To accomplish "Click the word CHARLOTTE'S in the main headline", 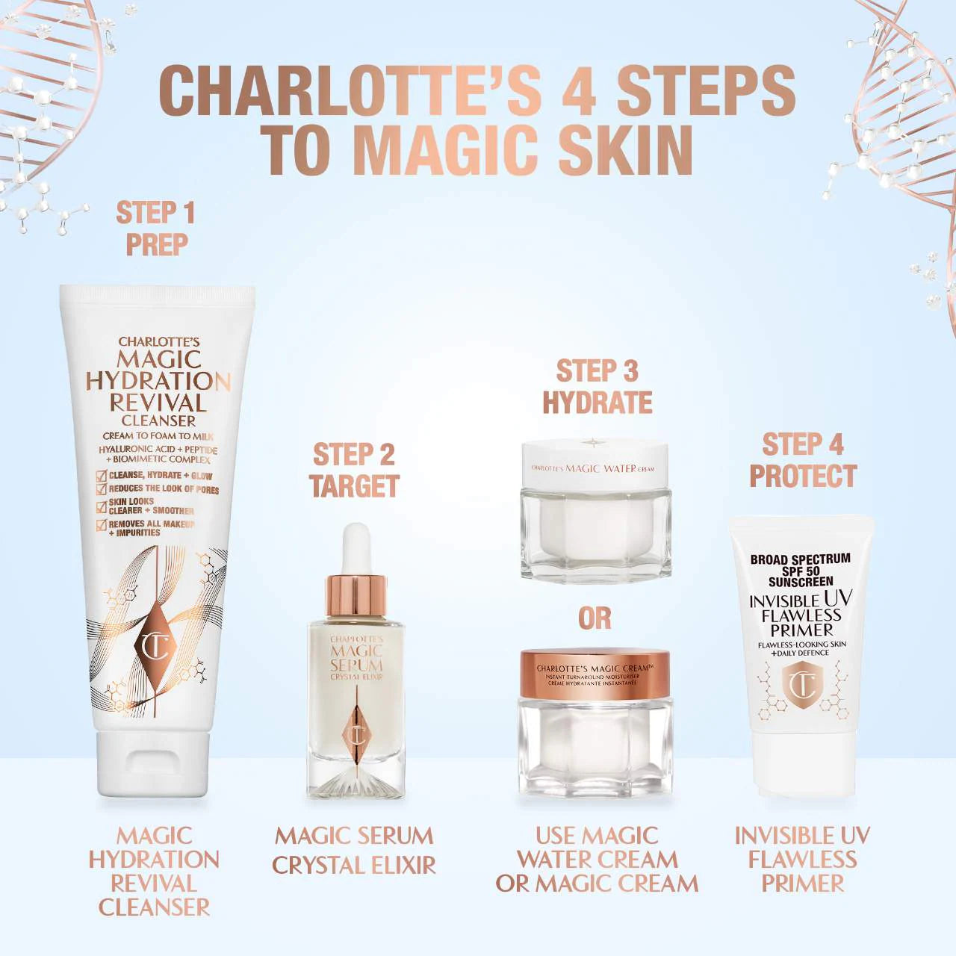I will tap(350, 90).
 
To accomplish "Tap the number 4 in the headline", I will tap(579, 90).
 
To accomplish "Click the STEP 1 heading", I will tap(155, 213).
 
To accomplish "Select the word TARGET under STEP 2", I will tap(355, 486).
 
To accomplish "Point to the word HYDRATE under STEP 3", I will tap(597, 403).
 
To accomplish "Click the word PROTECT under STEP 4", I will tap(803, 476).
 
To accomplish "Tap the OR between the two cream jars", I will tap(595, 618).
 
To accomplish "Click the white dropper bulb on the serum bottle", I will tap(356, 548).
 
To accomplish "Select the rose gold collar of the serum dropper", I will tap(356, 595).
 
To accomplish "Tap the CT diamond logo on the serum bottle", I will tap(356, 736).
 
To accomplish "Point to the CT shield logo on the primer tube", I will tap(803, 686).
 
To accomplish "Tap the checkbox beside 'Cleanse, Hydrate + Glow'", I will tap(101, 477).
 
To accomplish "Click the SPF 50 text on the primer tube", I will tap(801, 571).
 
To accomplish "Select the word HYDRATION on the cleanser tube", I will tap(158, 381).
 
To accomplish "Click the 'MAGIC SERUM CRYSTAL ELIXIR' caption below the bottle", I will tap(354, 850).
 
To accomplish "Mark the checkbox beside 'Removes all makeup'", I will tap(101, 525).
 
